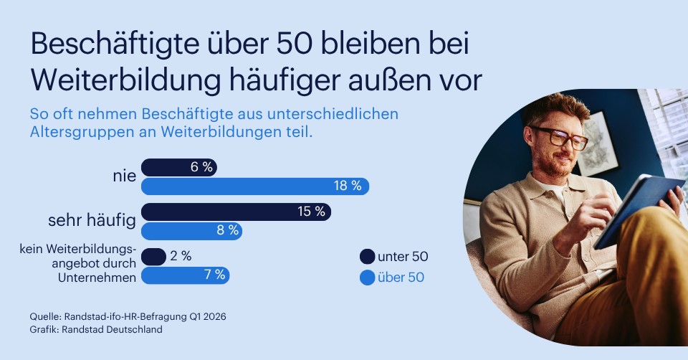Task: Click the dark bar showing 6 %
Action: [x=178, y=167]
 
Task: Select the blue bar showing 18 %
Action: [x=254, y=186]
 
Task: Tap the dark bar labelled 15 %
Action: [x=236, y=212]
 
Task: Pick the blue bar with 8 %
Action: [x=191, y=231]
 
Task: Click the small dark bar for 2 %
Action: [x=154, y=256]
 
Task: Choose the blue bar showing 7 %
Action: [x=185, y=275]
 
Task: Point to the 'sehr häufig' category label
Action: [x=92, y=221]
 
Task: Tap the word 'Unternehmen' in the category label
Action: [x=97, y=278]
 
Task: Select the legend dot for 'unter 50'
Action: [x=367, y=257]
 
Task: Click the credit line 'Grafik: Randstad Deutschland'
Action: [x=96, y=329]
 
